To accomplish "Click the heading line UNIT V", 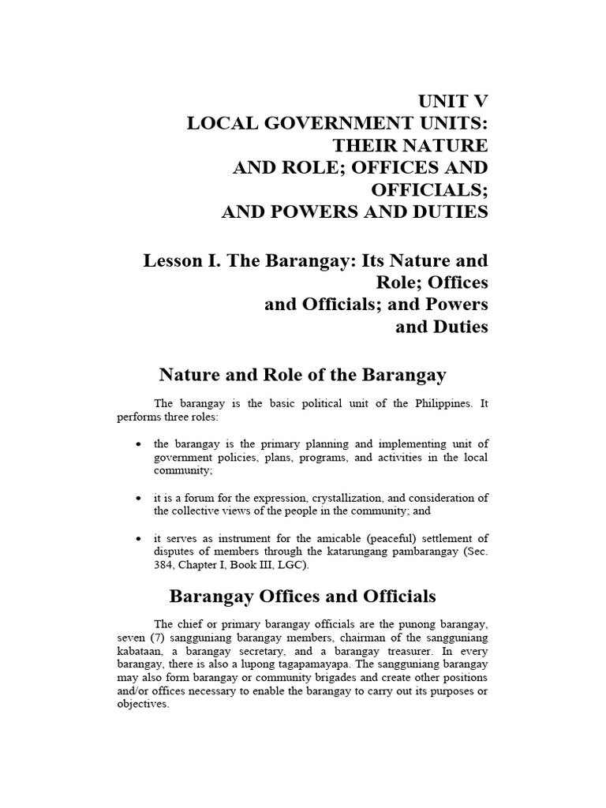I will (x=452, y=101).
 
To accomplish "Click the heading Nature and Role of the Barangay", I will (x=303, y=375).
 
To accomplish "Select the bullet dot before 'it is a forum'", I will (x=139, y=498).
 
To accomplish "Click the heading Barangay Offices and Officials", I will (x=303, y=596).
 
